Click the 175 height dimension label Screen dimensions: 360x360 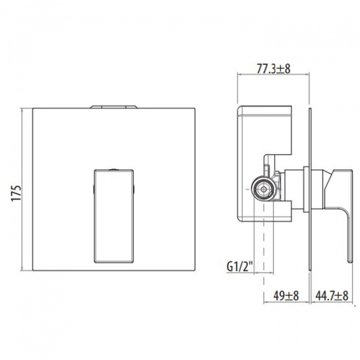(x=17, y=193)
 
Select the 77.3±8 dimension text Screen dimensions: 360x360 (x=274, y=68)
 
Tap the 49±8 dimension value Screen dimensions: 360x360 (x=286, y=295)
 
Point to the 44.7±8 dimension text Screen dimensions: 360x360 (x=332, y=295)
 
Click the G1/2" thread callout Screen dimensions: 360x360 (x=240, y=267)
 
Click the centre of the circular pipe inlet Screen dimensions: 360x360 (x=263, y=190)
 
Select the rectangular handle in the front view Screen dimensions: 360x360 (x=114, y=216)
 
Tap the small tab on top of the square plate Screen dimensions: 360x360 (x=114, y=107)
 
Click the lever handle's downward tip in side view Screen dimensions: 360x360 (x=350, y=262)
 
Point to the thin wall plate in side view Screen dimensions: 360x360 (x=310, y=190)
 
